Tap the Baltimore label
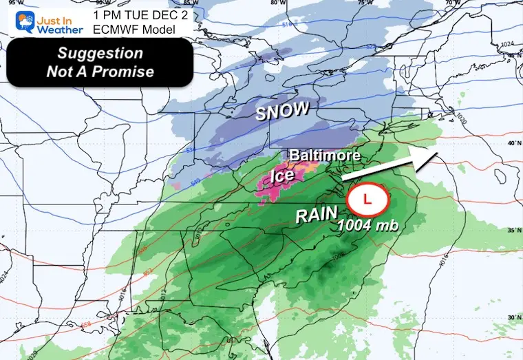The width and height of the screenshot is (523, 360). click(x=324, y=156)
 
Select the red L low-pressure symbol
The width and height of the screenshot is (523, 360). click(x=368, y=200)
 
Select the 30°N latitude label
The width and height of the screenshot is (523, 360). click(x=513, y=317)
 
